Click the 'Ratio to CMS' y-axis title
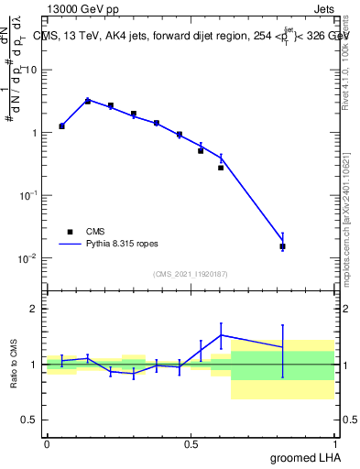14,364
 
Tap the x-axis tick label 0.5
191,444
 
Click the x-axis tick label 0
47,444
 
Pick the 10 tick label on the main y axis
30,71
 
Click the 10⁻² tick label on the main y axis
27,258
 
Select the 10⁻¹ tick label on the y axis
27,196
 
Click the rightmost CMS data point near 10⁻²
282,246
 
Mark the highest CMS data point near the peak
88,101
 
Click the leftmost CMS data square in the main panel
61,125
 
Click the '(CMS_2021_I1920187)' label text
191,273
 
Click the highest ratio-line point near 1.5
221,334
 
